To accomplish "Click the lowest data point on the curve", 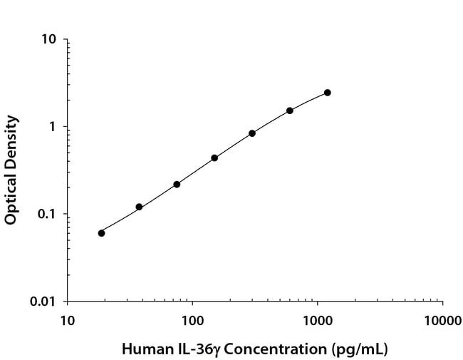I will [101, 233].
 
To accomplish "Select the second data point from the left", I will [139, 207].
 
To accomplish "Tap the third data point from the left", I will [177, 184].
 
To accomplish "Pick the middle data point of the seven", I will [214, 158].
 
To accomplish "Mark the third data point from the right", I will [252, 133].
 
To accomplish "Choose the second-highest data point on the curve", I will [290, 110].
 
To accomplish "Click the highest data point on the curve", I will [328, 93].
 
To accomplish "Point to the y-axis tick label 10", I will [49, 39].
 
